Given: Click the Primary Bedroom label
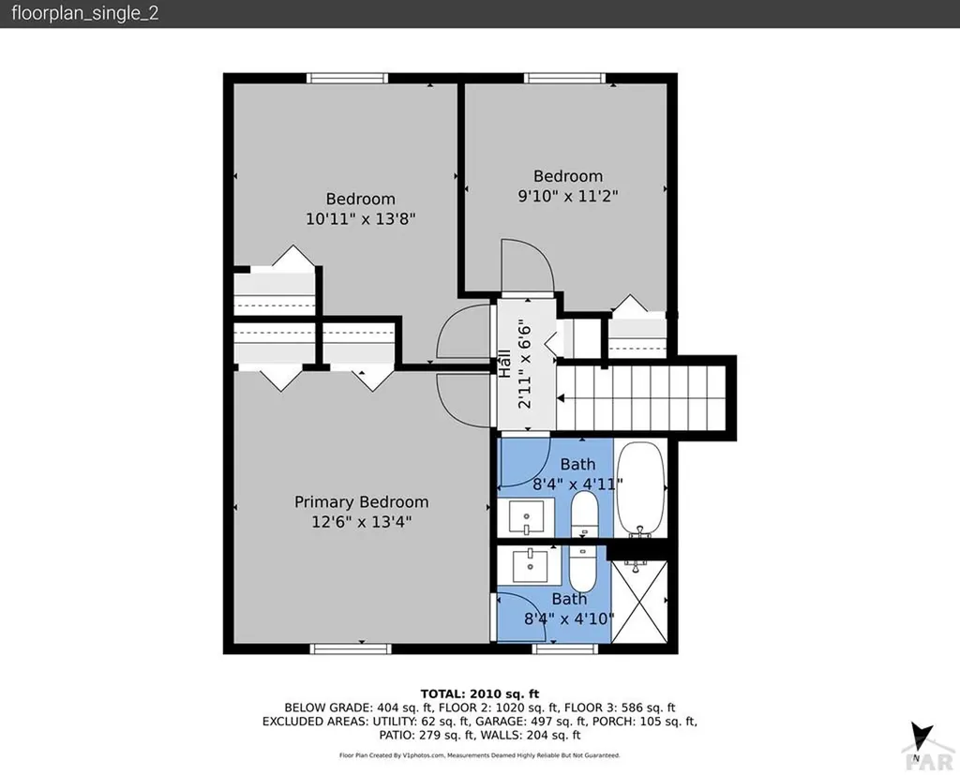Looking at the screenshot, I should point(361,502).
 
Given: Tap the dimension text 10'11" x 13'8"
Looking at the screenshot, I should point(361,218).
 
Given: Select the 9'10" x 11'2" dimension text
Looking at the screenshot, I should point(568,196).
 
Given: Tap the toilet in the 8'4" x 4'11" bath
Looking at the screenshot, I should point(584,514).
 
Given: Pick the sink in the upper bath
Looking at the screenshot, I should point(526,516).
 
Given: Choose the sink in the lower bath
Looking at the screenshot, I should point(531,564).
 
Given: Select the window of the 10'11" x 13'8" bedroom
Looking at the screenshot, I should point(348,78).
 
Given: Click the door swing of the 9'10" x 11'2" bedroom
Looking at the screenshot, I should point(527,266).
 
